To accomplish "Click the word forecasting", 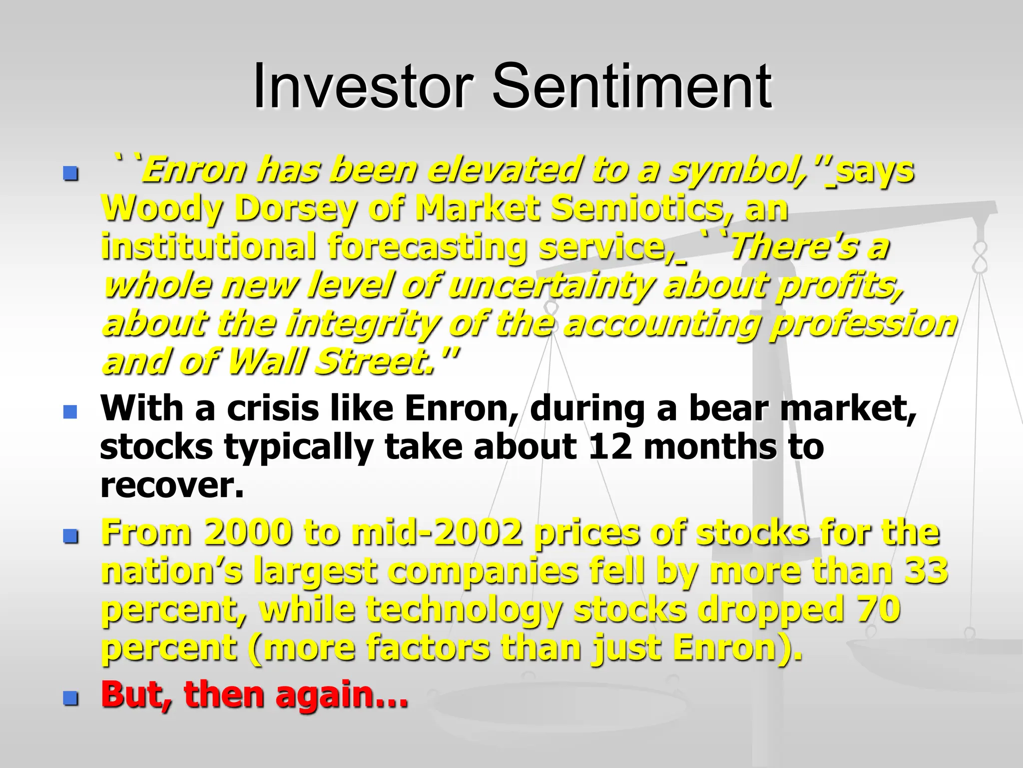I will click(427, 247).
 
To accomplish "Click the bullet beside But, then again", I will click(70, 698).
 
